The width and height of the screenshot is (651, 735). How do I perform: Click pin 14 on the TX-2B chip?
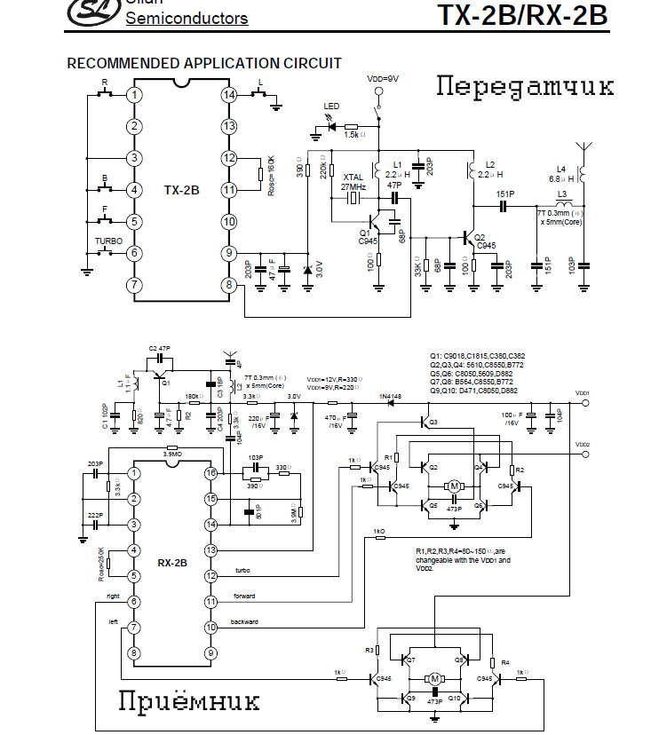(x=229, y=94)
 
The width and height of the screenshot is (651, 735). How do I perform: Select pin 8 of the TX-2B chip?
(x=229, y=285)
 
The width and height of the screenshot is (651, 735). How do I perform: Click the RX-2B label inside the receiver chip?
(x=172, y=563)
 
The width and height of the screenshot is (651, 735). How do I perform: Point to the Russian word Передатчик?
(x=525, y=87)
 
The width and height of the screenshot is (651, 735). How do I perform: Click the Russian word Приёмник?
(x=189, y=701)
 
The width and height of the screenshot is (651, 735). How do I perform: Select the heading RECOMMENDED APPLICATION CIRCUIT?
(x=204, y=64)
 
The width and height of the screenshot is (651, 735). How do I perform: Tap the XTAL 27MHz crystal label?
(x=354, y=182)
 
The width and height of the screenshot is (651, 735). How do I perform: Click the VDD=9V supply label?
(x=384, y=78)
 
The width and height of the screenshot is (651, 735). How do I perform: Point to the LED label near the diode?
(x=331, y=107)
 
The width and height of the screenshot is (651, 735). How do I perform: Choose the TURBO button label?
(x=109, y=241)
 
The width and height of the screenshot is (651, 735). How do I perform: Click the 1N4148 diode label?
(x=392, y=396)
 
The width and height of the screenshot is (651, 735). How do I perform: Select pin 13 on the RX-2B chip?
(x=211, y=550)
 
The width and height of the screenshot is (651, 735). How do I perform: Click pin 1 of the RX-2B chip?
(x=134, y=473)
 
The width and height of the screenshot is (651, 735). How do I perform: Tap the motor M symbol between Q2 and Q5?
(x=454, y=486)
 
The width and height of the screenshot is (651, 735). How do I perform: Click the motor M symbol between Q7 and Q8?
(x=435, y=679)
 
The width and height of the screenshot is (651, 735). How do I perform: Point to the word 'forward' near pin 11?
(x=243, y=596)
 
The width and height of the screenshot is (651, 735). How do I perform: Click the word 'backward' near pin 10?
(x=245, y=621)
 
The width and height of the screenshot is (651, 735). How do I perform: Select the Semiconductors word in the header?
(x=187, y=18)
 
